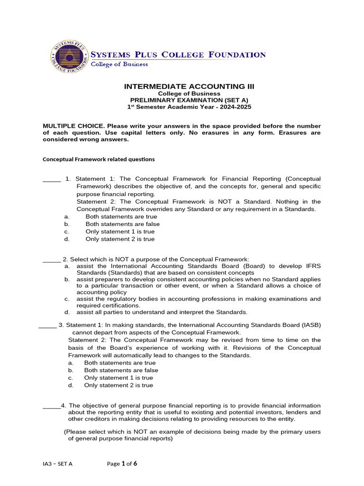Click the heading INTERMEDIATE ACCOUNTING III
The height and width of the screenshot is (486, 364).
tap(189, 86)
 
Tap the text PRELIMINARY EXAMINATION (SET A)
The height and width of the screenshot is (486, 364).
tap(189, 100)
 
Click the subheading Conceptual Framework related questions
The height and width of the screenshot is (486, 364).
tap(99, 159)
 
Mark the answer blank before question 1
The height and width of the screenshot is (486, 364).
tap(52, 179)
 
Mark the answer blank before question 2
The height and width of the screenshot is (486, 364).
tap(52, 259)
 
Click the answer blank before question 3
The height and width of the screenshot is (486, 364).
tap(47, 325)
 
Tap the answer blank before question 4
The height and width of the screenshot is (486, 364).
tap(52, 406)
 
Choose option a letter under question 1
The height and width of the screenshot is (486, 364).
tap(66, 216)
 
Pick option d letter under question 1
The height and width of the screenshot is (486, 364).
tap(66, 239)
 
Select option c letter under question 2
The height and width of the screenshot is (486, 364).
tap(67, 299)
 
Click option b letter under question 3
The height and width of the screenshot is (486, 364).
tap(70, 370)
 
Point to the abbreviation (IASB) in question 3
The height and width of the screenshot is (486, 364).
tap(311, 325)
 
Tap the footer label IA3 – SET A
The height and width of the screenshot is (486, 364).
tap(57, 464)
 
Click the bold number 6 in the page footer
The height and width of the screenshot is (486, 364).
tap(135, 464)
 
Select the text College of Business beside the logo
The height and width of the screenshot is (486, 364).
tap(119, 64)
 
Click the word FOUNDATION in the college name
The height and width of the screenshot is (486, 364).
tap(237, 55)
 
